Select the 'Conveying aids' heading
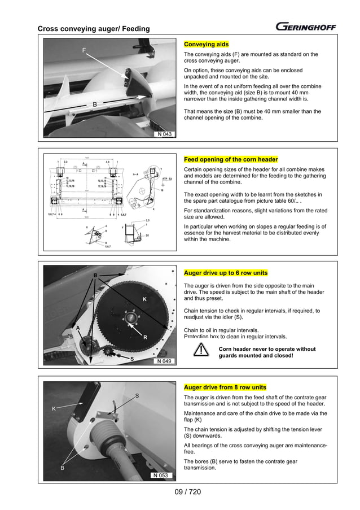click(x=207, y=44)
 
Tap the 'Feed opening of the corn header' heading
click(x=231, y=159)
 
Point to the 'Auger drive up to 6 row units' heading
click(x=226, y=273)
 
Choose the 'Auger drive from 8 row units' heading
click(x=225, y=387)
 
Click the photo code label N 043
click(x=164, y=134)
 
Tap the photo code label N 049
click(x=164, y=361)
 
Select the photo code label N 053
click(x=161, y=476)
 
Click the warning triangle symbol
click(x=200, y=351)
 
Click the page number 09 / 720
click(x=179, y=492)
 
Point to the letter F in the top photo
click(x=84, y=51)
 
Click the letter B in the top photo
click(x=95, y=104)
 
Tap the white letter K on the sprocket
click(x=144, y=299)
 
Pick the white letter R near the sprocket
click(x=145, y=337)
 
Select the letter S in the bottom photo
click(x=137, y=396)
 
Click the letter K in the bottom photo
click(x=54, y=408)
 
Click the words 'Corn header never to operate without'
click(x=267, y=349)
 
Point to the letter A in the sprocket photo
click(x=78, y=328)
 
